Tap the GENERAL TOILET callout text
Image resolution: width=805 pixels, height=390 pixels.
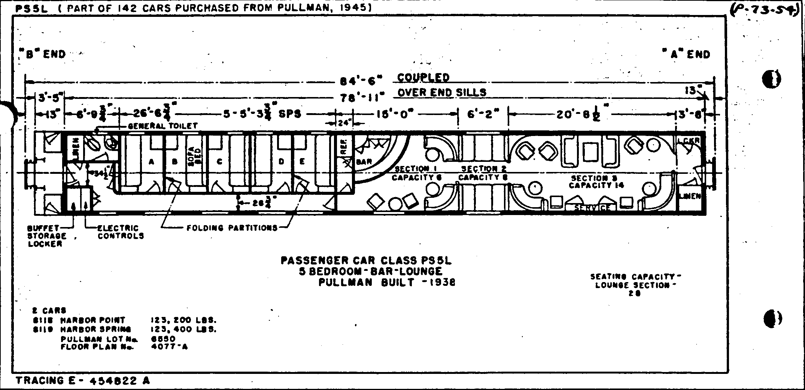click(162, 126)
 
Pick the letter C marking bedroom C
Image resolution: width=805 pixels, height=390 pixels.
click(220, 162)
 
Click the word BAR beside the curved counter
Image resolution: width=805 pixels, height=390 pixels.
click(364, 162)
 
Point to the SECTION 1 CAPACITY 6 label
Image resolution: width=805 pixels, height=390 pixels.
click(416, 173)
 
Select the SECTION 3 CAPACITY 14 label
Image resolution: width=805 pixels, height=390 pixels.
click(596, 182)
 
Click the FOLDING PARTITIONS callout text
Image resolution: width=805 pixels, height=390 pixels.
click(232, 228)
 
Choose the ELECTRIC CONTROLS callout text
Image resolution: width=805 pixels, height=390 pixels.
click(121, 232)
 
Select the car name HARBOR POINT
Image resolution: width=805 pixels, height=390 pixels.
click(93, 320)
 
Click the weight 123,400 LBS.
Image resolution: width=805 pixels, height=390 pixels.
click(183, 330)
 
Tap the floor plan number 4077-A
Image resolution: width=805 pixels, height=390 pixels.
click(169, 347)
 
